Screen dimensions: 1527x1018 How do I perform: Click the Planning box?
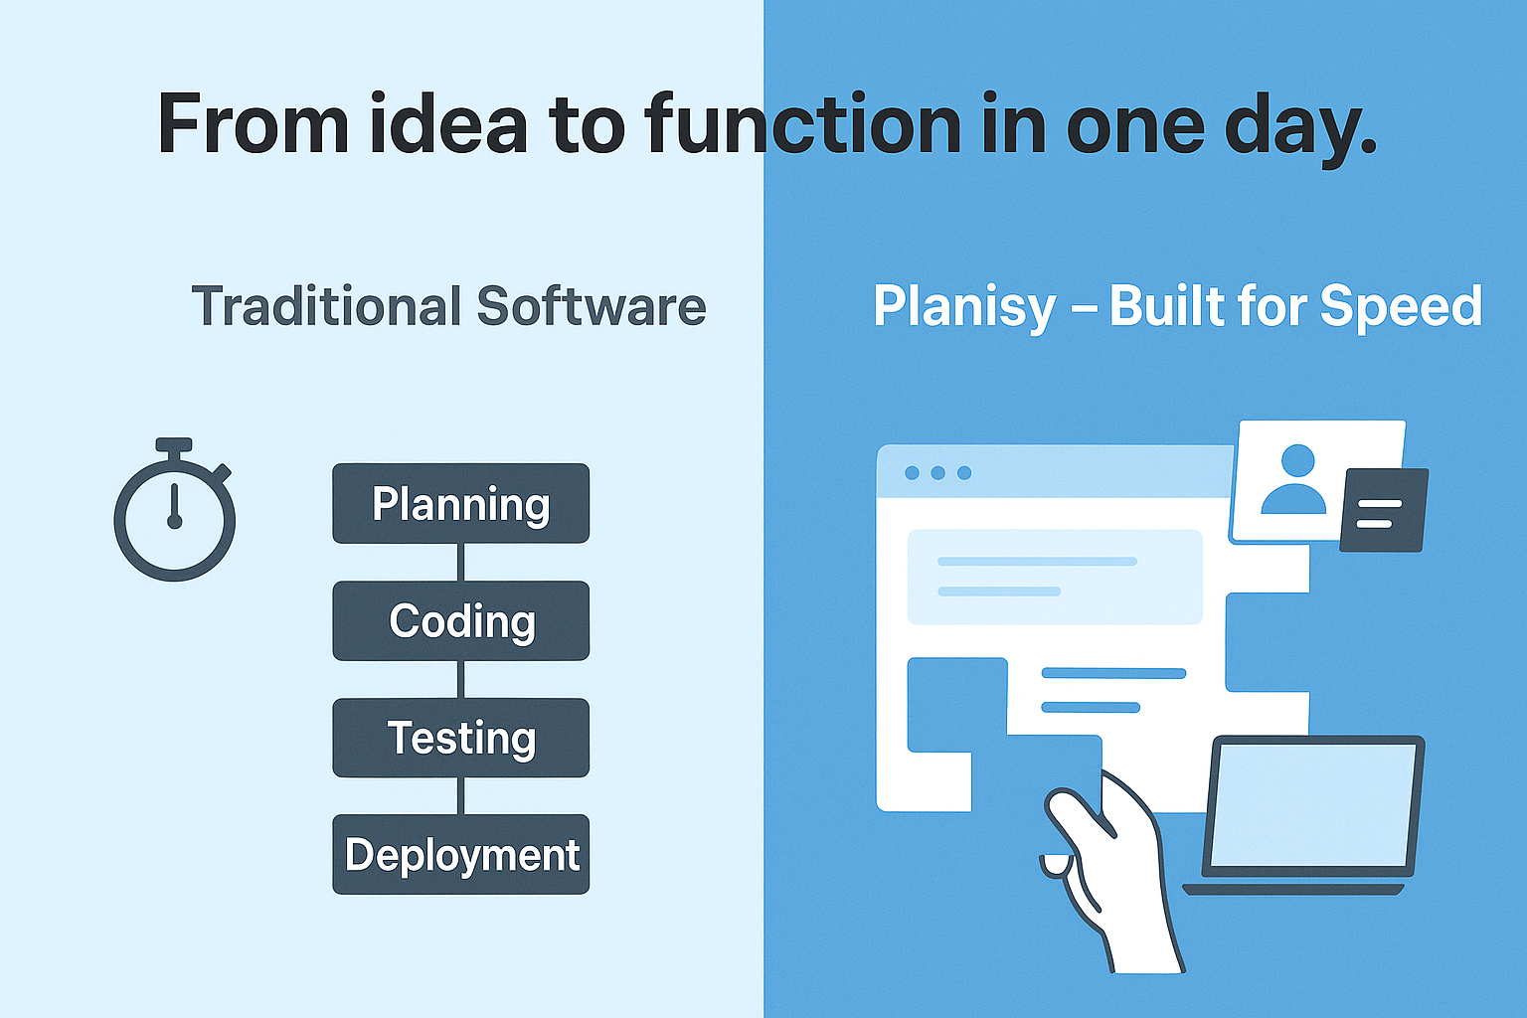click(461, 503)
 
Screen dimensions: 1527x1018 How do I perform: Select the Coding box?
click(461, 620)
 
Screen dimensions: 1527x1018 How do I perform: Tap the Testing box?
click(461, 738)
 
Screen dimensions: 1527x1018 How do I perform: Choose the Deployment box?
click(461, 854)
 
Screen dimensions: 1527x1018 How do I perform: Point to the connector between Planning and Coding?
click(461, 562)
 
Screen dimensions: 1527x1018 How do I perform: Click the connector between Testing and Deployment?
click(461, 795)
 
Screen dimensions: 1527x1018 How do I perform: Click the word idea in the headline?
click(448, 124)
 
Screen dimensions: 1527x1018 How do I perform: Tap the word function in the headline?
click(802, 124)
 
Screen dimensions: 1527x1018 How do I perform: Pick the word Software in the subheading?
click(592, 306)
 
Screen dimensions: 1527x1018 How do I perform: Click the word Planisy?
click(964, 308)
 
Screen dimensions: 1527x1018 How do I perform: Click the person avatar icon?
click(1293, 478)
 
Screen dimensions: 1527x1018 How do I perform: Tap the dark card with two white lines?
click(1384, 510)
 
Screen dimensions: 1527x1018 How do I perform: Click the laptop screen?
click(1312, 806)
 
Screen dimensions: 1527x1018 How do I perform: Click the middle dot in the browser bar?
click(938, 472)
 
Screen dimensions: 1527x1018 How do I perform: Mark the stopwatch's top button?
click(174, 444)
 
